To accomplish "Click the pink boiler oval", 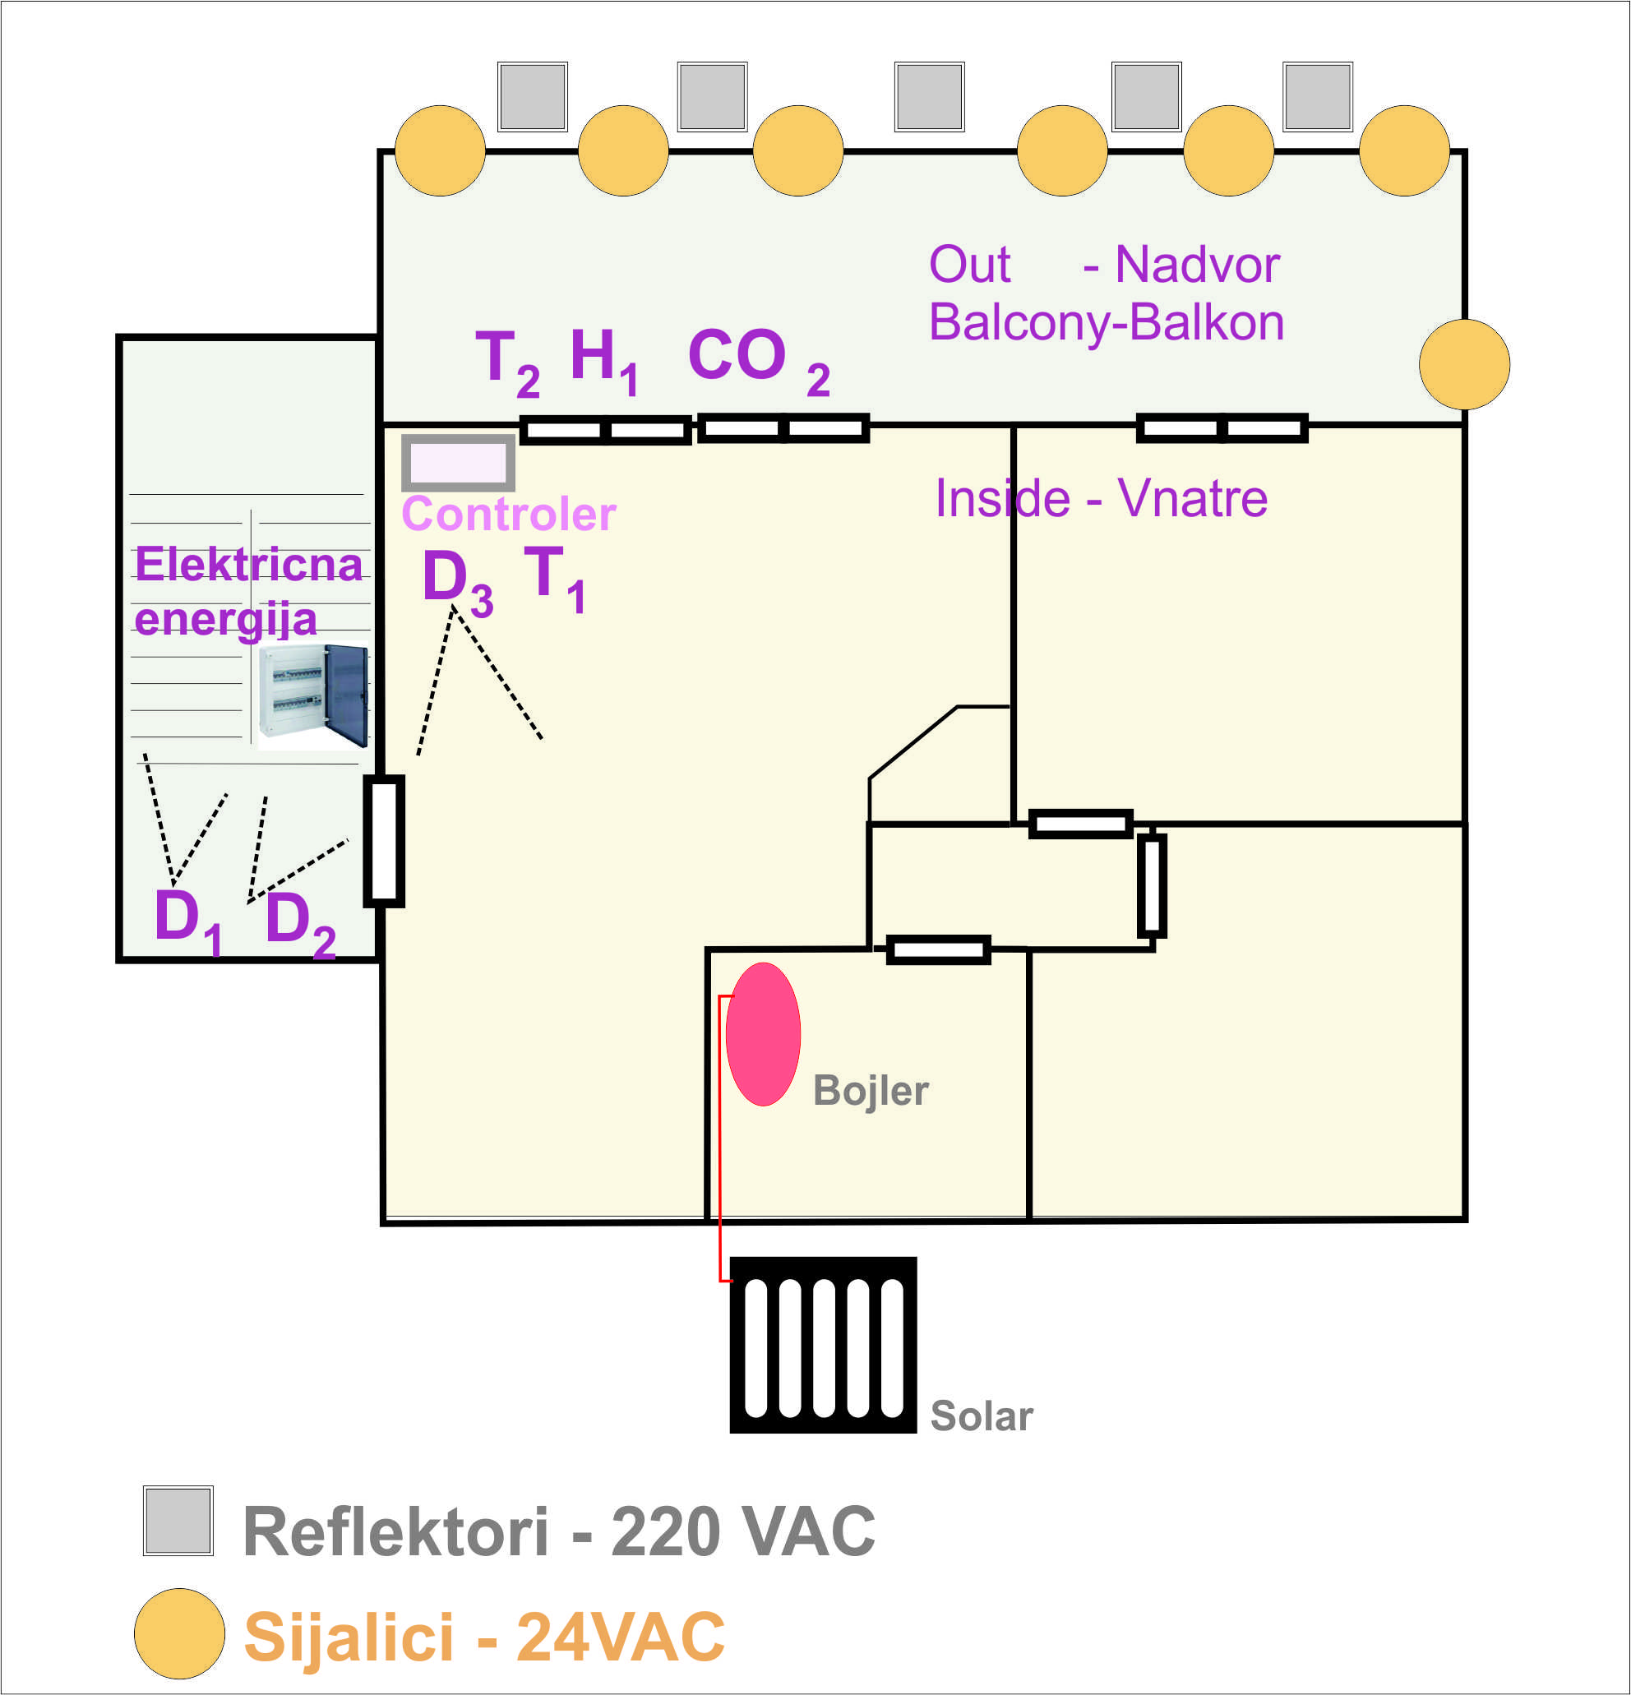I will point(763,1033).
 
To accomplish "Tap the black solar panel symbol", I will point(822,1344).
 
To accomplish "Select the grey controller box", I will point(459,463).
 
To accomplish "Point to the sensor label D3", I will point(456,581).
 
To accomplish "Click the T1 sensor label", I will point(554,578).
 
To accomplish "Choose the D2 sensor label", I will point(299,921).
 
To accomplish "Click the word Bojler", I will point(870,1091).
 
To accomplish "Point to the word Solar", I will point(981,1416).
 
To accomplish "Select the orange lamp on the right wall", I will point(1464,364).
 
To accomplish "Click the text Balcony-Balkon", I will point(1106,322).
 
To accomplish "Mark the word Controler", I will point(509,515).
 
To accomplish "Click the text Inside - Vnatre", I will point(1101,499).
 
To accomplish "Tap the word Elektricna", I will point(248,565).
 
